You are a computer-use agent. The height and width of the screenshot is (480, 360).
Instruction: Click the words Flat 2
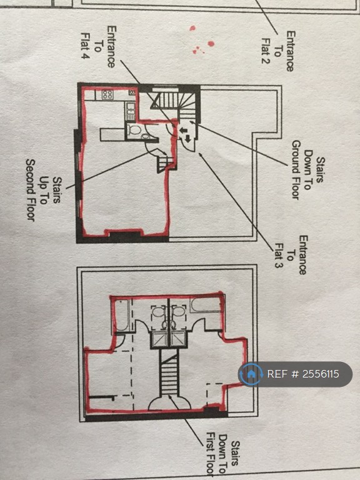(x=265, y=51)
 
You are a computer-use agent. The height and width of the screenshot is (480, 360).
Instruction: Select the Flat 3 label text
(x=279, y=256)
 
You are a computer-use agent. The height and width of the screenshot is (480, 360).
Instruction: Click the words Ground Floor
(x=296, y=170)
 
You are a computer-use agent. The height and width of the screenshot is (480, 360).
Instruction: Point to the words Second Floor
(x=31, y=190)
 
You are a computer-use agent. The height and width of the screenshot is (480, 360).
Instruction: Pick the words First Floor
(x=210, y=454)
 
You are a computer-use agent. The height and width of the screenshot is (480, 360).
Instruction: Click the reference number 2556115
(x=321, y=374)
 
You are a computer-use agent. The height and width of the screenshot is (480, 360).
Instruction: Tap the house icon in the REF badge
(x=251, y=374)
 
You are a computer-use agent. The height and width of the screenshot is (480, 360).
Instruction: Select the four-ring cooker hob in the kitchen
(x=107, y=94)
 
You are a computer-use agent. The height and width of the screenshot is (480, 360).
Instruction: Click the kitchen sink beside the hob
(x=131, y=111)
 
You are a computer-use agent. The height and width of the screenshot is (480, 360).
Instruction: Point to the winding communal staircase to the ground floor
(x=176, y=104)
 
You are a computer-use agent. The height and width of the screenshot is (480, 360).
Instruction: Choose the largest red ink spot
(x=211, y=44)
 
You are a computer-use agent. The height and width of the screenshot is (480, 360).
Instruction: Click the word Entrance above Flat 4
(x=111, y=46)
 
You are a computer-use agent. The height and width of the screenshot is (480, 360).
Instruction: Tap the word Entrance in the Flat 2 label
(x=290, y=51)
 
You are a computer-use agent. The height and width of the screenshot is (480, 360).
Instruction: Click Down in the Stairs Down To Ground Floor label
(x=307, y=170)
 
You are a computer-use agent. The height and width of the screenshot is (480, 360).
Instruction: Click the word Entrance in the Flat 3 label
(x=302, y=255)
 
